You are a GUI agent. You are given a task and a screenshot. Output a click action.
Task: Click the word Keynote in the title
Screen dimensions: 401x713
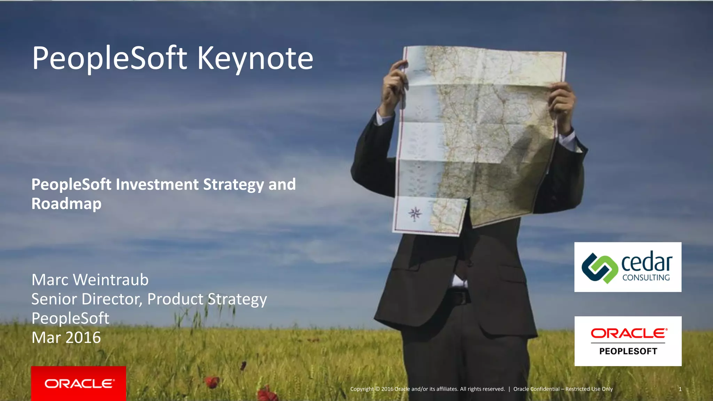click(255, 58)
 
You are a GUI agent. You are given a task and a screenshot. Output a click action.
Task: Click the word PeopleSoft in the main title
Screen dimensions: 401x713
click(110, 58)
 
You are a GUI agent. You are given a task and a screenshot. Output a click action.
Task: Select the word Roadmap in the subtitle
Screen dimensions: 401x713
click(66, 204)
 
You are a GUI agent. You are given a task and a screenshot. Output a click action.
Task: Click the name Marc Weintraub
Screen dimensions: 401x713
click(90, 280)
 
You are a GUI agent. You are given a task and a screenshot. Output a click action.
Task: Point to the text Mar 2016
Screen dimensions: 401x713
click(66, 338)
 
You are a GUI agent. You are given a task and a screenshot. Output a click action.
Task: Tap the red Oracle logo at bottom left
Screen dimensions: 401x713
click(79, 384)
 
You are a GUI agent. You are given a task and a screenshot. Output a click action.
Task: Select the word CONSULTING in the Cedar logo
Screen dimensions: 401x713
click(646, 278)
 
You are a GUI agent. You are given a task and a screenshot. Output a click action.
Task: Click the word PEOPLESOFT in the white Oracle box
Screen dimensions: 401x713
click(628, 351)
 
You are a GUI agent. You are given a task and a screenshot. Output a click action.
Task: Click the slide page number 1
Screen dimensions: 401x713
click(680, 389)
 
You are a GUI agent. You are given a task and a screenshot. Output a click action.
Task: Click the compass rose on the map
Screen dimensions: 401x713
click(415, 213)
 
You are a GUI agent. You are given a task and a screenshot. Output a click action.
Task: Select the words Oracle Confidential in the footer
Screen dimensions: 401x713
click(536, 389)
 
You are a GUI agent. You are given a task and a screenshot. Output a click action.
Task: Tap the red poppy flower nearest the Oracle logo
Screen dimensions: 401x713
click(211, 382)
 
